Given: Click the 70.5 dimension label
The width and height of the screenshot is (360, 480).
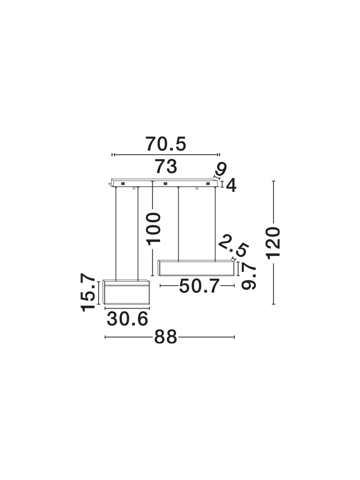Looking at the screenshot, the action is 166,144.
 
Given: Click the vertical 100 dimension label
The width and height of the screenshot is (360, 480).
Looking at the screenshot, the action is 154,229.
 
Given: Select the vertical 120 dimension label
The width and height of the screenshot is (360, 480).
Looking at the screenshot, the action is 273,243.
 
